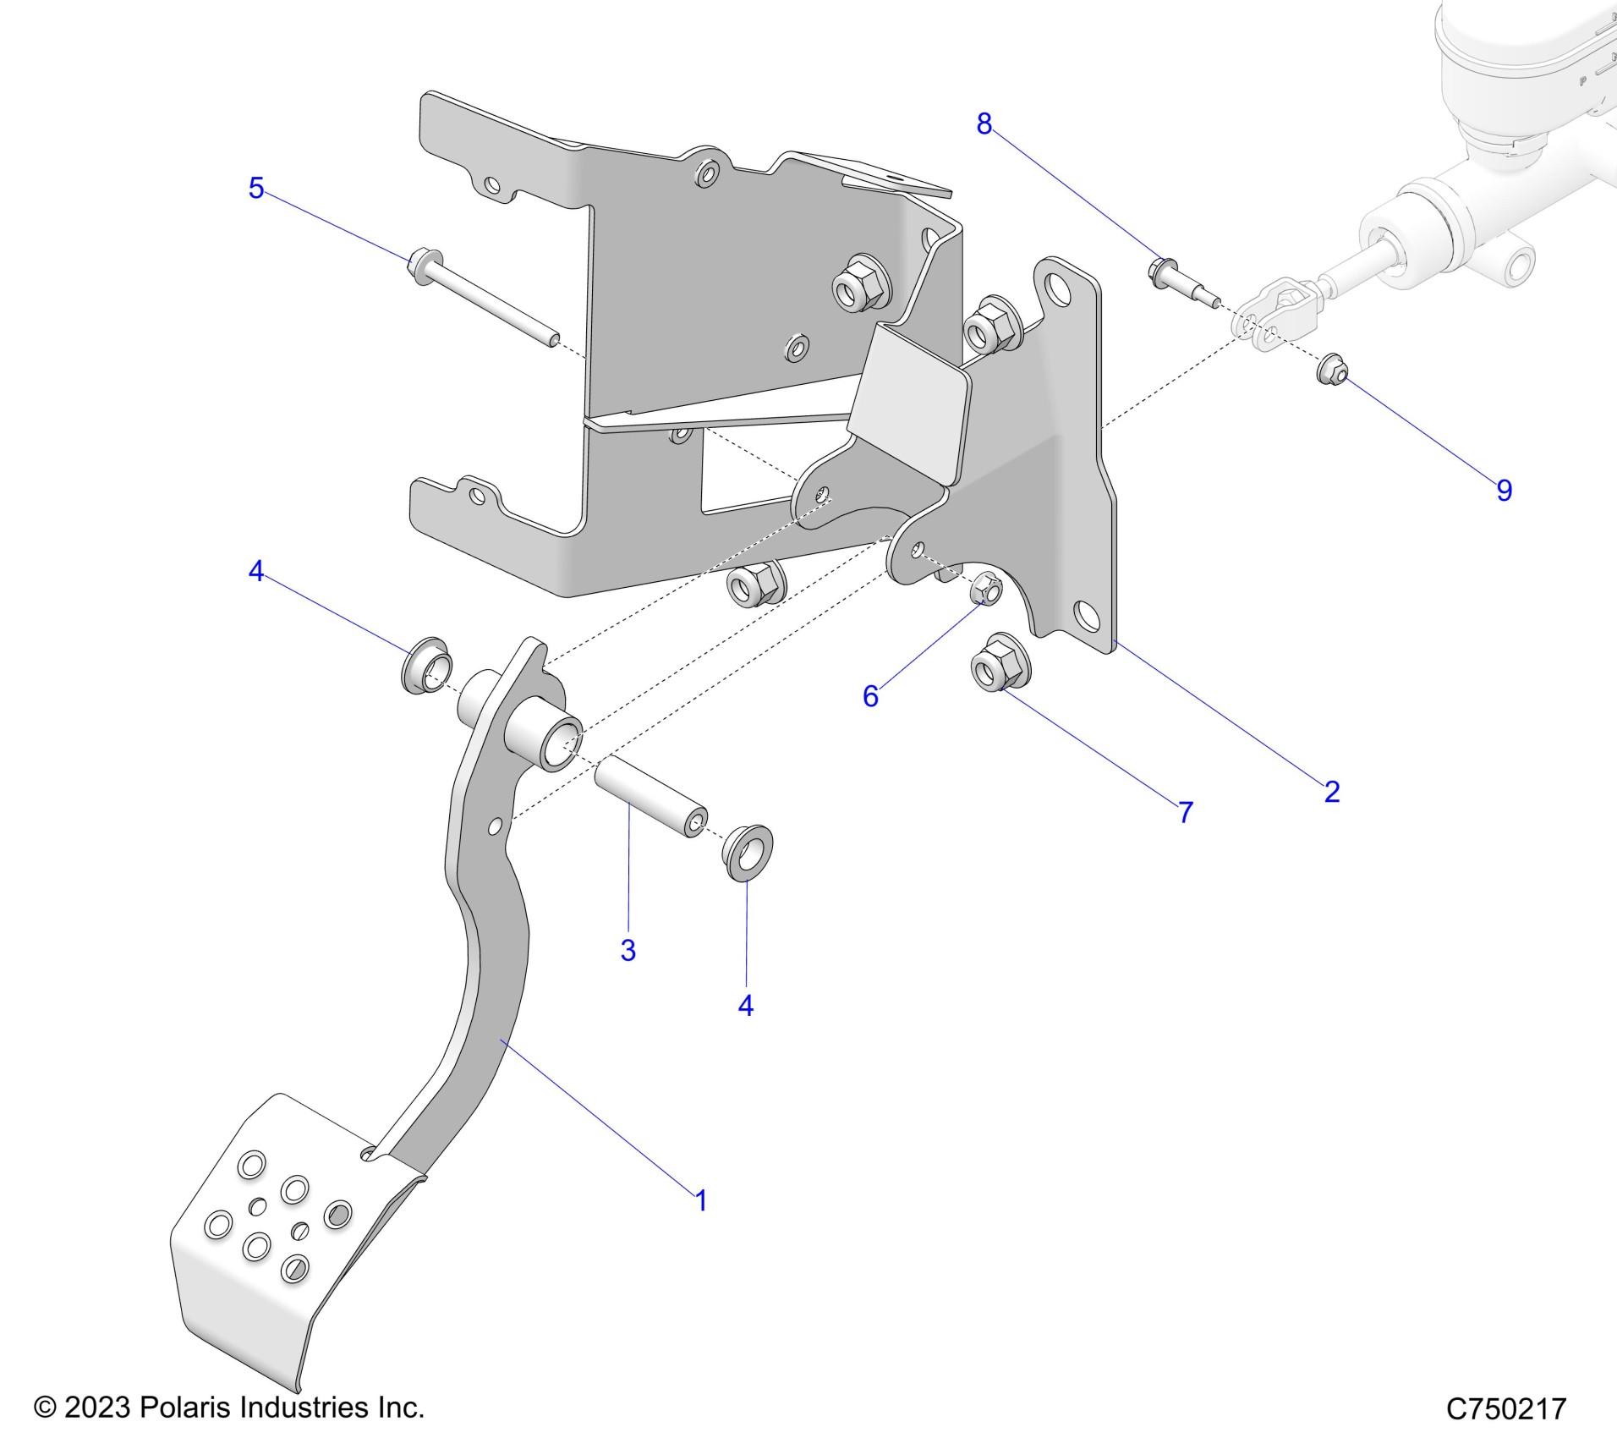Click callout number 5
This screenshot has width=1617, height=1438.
point(256,188)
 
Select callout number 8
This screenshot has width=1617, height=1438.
point(984,124)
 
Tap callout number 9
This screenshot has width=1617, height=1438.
point(1504,491)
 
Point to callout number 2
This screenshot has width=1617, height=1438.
point(1332,792)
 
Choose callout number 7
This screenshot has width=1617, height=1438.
point(1186,812)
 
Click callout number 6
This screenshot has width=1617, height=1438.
point(870,696)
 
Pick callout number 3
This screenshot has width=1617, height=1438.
point(628,950)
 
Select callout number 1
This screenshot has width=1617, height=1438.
point(700,1200)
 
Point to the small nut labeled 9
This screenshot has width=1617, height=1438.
point(1332,370)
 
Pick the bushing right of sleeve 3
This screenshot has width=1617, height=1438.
point(748,853)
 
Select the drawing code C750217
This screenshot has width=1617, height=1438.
point(1506,1408)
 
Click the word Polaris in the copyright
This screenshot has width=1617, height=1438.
point(185,1407)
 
